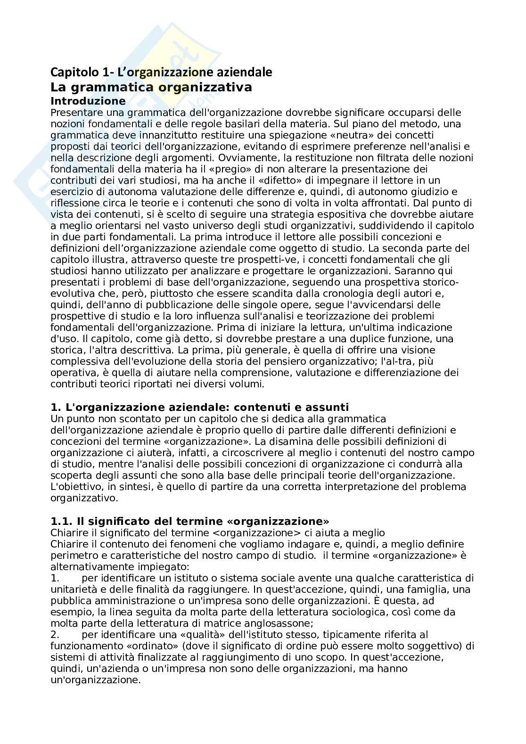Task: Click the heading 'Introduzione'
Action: tap(88, 101)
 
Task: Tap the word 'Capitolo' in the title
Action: tap(71, 72)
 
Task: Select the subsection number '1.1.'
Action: tap(59, 521)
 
